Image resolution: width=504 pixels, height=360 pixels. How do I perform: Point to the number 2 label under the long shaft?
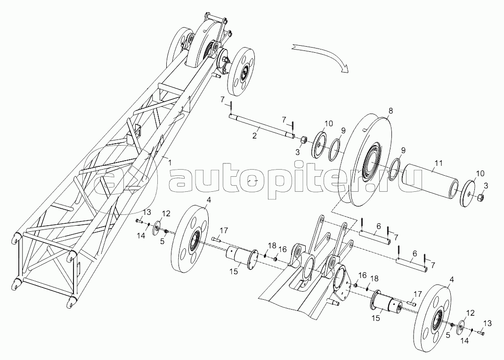254,136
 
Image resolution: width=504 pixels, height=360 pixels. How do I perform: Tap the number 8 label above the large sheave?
390,111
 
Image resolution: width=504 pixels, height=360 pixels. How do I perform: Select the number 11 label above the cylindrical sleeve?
439,164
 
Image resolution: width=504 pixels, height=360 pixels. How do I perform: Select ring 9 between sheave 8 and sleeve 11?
394,169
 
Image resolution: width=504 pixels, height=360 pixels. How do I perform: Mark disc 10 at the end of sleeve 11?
468,194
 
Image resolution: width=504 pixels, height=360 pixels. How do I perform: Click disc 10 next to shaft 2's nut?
319,144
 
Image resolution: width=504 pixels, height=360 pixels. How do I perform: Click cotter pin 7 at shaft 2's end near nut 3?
293,126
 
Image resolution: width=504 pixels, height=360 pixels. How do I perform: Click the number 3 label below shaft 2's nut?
298,152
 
